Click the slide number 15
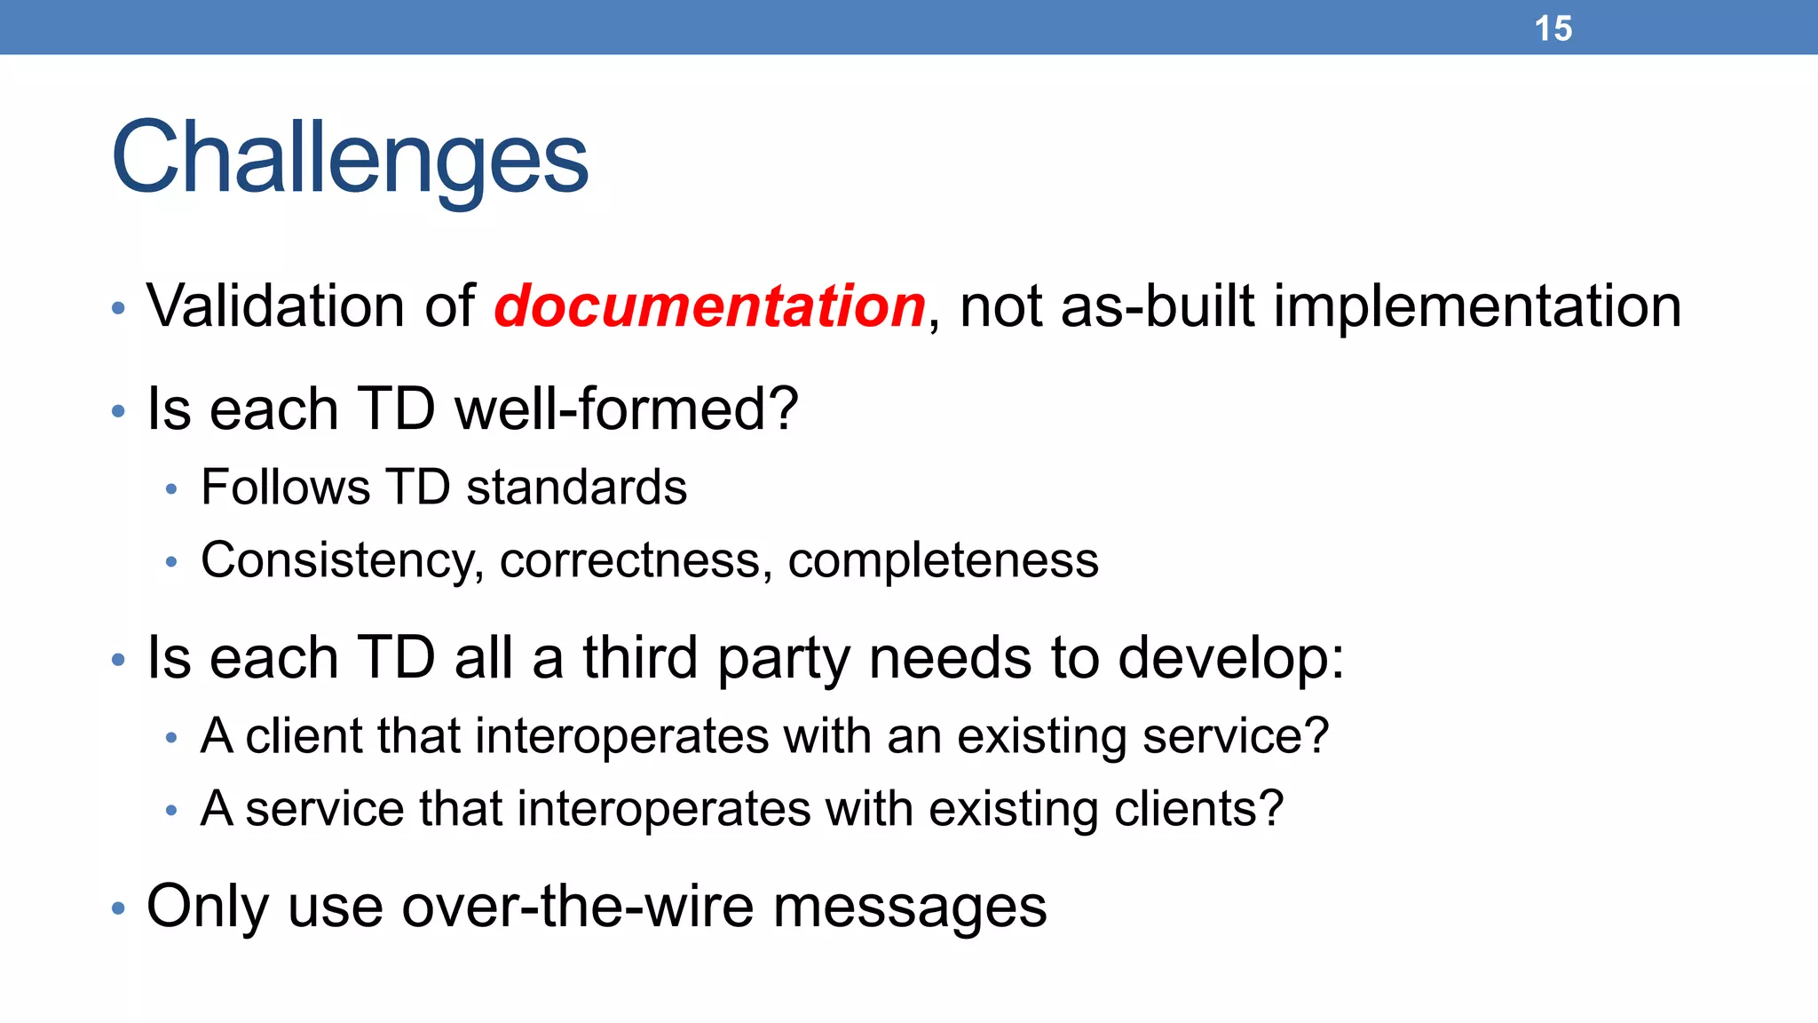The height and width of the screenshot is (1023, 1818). pos(1553,28)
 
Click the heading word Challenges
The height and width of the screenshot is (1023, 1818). pos(350,158)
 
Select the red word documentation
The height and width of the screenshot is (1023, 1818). pos(709,306)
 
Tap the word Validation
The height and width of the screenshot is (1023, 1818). pos(275,306)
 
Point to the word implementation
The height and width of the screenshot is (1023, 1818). pos(1477,306)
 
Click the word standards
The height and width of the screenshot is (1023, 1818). pos(576,488)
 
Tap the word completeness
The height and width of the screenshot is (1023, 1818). pos(943,561)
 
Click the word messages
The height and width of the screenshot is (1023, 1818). pos(910,907)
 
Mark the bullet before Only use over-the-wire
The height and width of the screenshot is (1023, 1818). pos(119,908)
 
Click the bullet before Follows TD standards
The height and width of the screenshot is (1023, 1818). pos(172,488)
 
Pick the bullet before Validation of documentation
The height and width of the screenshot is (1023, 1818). pos(119,309)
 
